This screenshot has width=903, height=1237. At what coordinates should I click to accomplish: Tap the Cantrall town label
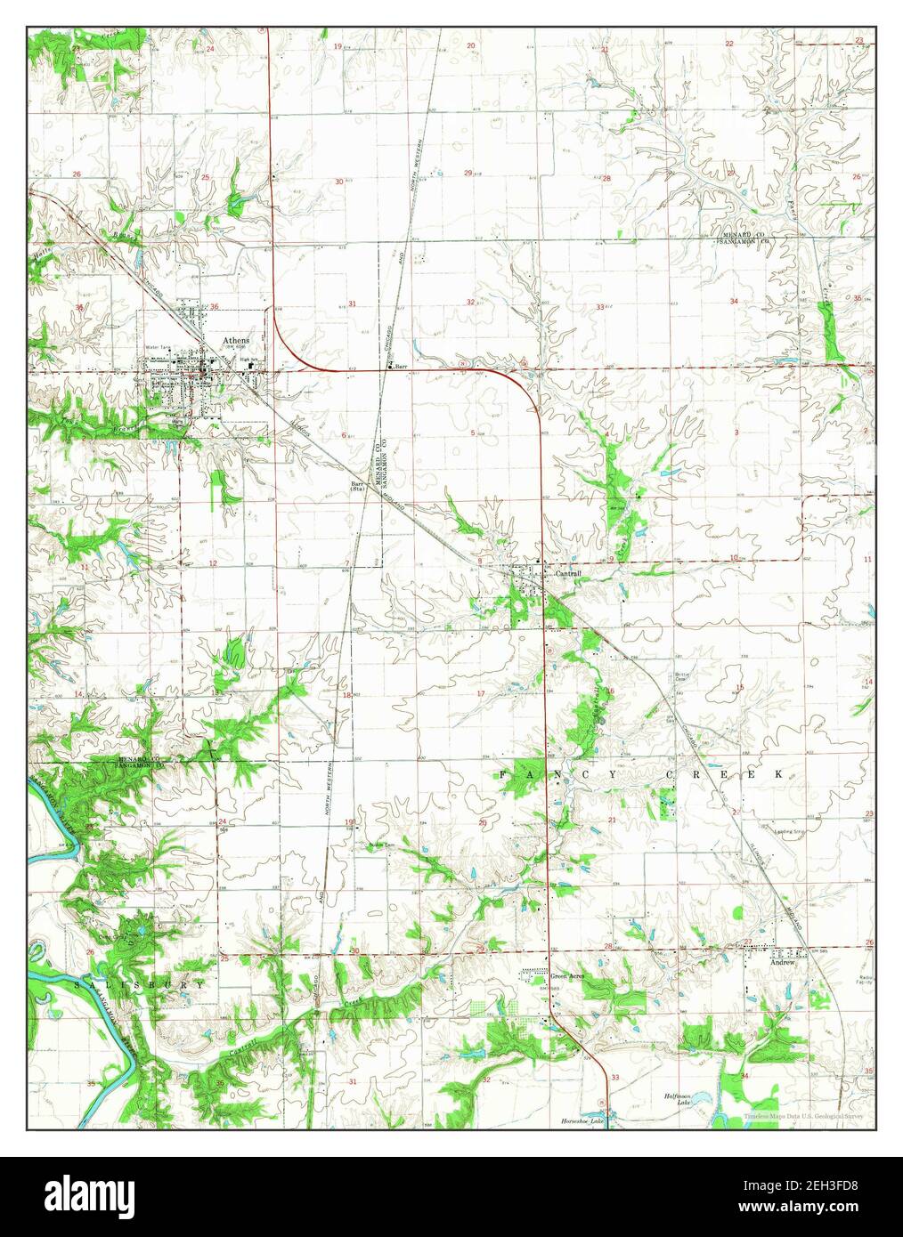567,574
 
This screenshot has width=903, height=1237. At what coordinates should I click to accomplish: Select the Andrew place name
781,962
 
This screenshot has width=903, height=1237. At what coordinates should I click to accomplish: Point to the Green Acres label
565,975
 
